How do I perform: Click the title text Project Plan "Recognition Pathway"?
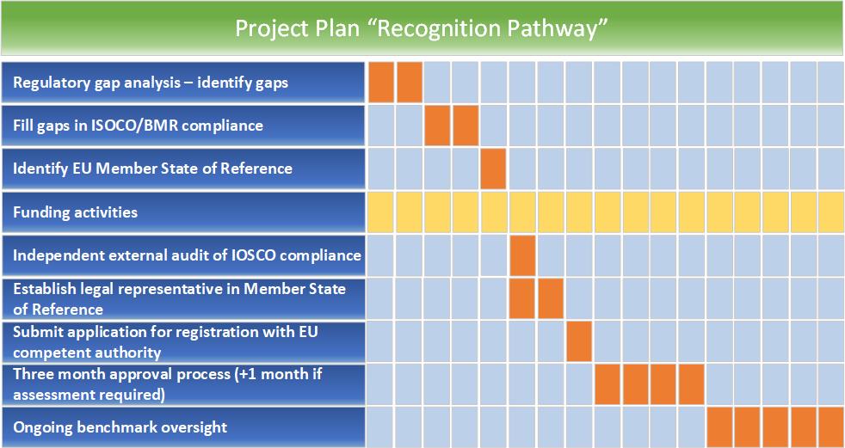click(422, 28)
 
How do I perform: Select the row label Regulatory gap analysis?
click(151, 83)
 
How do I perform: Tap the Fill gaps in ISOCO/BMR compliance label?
click(138, 126)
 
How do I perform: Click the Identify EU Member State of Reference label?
click(152, 169)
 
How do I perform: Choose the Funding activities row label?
click(76, 212)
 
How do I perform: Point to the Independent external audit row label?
click(187, 255)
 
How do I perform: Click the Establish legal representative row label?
click(180, 299)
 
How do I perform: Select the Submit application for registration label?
click(165, 342)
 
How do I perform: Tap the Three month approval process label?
click(168, 384)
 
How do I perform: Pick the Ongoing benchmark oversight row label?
click(120, 427)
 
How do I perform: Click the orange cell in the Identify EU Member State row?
click(493, 169)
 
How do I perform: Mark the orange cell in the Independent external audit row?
click(521, 255)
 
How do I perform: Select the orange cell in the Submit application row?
click(578, 341)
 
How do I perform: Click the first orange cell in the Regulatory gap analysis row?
click(381, 83)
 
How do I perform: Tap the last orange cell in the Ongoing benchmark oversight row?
click(831, 427)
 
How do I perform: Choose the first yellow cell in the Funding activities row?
click(381, 212)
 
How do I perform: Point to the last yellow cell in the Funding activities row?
click(831, 212)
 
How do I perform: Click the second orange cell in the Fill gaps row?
click(465, 126)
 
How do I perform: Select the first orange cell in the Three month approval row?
click(607, 384)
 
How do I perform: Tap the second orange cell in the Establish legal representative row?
click(550, 298)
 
